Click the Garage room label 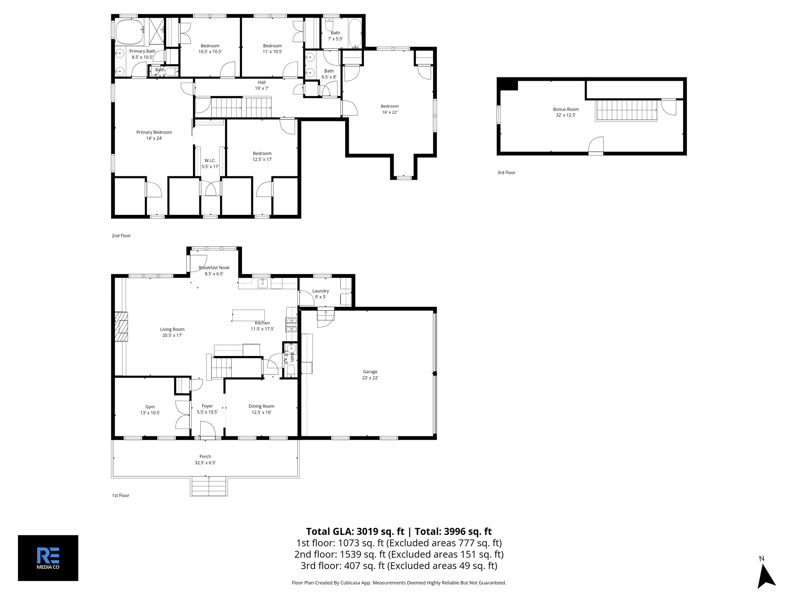pyautogui.click(x=370, y=372)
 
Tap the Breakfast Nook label pyautogui.click(x=214, y=268)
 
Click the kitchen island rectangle pyautogui.click(x=248, y=315)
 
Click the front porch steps pyautogui.click(x=209, y=487)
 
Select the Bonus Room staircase pyautogui.click(x=626, y=110)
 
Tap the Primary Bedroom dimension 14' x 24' pyautogui.click(x=154, y=138)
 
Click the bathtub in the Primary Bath pyautogui.click(x=129, y=32)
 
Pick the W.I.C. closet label pyautogui.click(x=210, y=161)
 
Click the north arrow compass pyautogui.click(x=765, y=576)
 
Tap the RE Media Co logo pyautogui.click(x=48, y=558)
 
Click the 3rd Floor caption pyautogui.click(x=506, y=172)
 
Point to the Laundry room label pyautogui.click(x=320, y=291)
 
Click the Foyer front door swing pyautogui.click(x=208, y=431)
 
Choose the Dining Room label pyautogui.click(x=261, y=406)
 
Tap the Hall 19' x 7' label pyautogui.click(x=261, y=85)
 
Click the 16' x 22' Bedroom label pyautogui.click(x=389, y=109)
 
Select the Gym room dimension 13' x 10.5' pyautogui.click(x=150, y=413)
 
